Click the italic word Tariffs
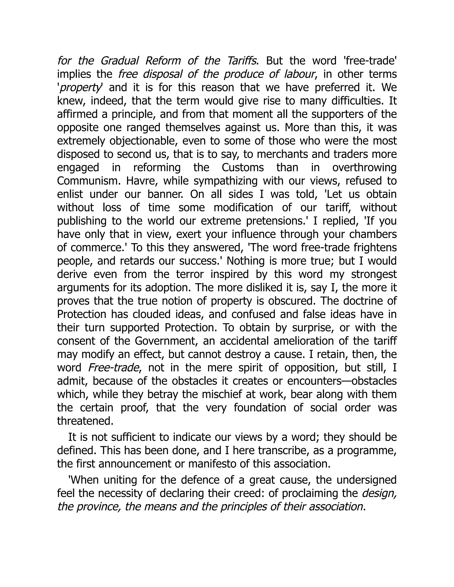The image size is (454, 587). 241,61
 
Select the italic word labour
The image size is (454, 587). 299,74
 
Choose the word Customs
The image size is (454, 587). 243,168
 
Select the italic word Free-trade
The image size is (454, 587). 113,368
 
